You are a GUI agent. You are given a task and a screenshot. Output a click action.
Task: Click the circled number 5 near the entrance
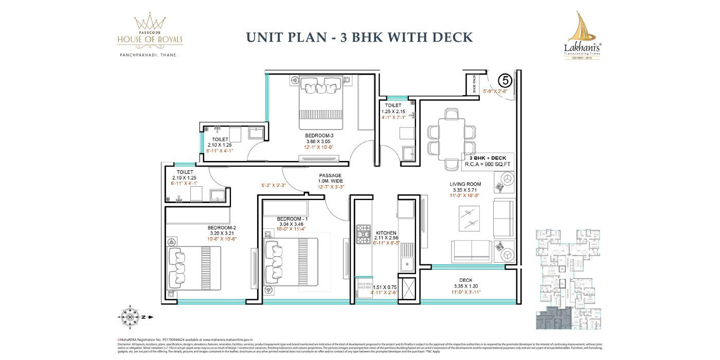tap(506, 80)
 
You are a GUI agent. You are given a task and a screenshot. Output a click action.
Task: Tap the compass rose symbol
tap(131, 317)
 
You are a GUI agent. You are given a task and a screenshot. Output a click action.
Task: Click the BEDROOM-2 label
tap(222, 227)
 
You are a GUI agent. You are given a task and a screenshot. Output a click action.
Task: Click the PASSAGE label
tap(330, 176)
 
